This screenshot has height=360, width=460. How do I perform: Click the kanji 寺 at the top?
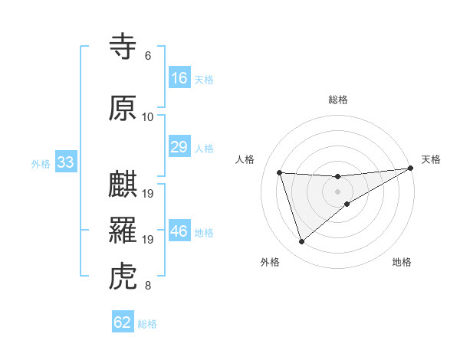[x=123, y=47]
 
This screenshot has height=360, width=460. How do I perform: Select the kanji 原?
[x=123, y=108]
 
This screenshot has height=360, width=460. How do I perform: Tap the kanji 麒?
[x=123, y=186]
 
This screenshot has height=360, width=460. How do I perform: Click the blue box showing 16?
[x=179, y=78]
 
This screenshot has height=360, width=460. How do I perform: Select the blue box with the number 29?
[x=179, y=147]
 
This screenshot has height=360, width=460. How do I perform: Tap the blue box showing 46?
[x=179, y=231]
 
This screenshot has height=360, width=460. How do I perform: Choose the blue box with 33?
[x=65, y=162]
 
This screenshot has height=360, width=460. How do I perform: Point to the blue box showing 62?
[x=123, y=322]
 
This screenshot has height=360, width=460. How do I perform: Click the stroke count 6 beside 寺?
[x=147, y=56]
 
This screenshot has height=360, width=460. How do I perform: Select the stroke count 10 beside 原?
[x=147, y=117]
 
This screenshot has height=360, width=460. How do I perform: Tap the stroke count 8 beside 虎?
[x=147, y=286]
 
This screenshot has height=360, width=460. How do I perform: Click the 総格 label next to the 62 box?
[x=147, y=324]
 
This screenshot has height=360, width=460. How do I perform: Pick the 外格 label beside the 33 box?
[x=41, y=164]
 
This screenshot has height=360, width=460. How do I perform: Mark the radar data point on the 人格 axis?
[x=280, y=172]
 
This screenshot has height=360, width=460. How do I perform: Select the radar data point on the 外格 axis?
[x=301, y=242]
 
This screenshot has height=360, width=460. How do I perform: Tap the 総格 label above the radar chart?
[x=338, y=100]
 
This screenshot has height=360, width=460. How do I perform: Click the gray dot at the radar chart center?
[x=338, y=191]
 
